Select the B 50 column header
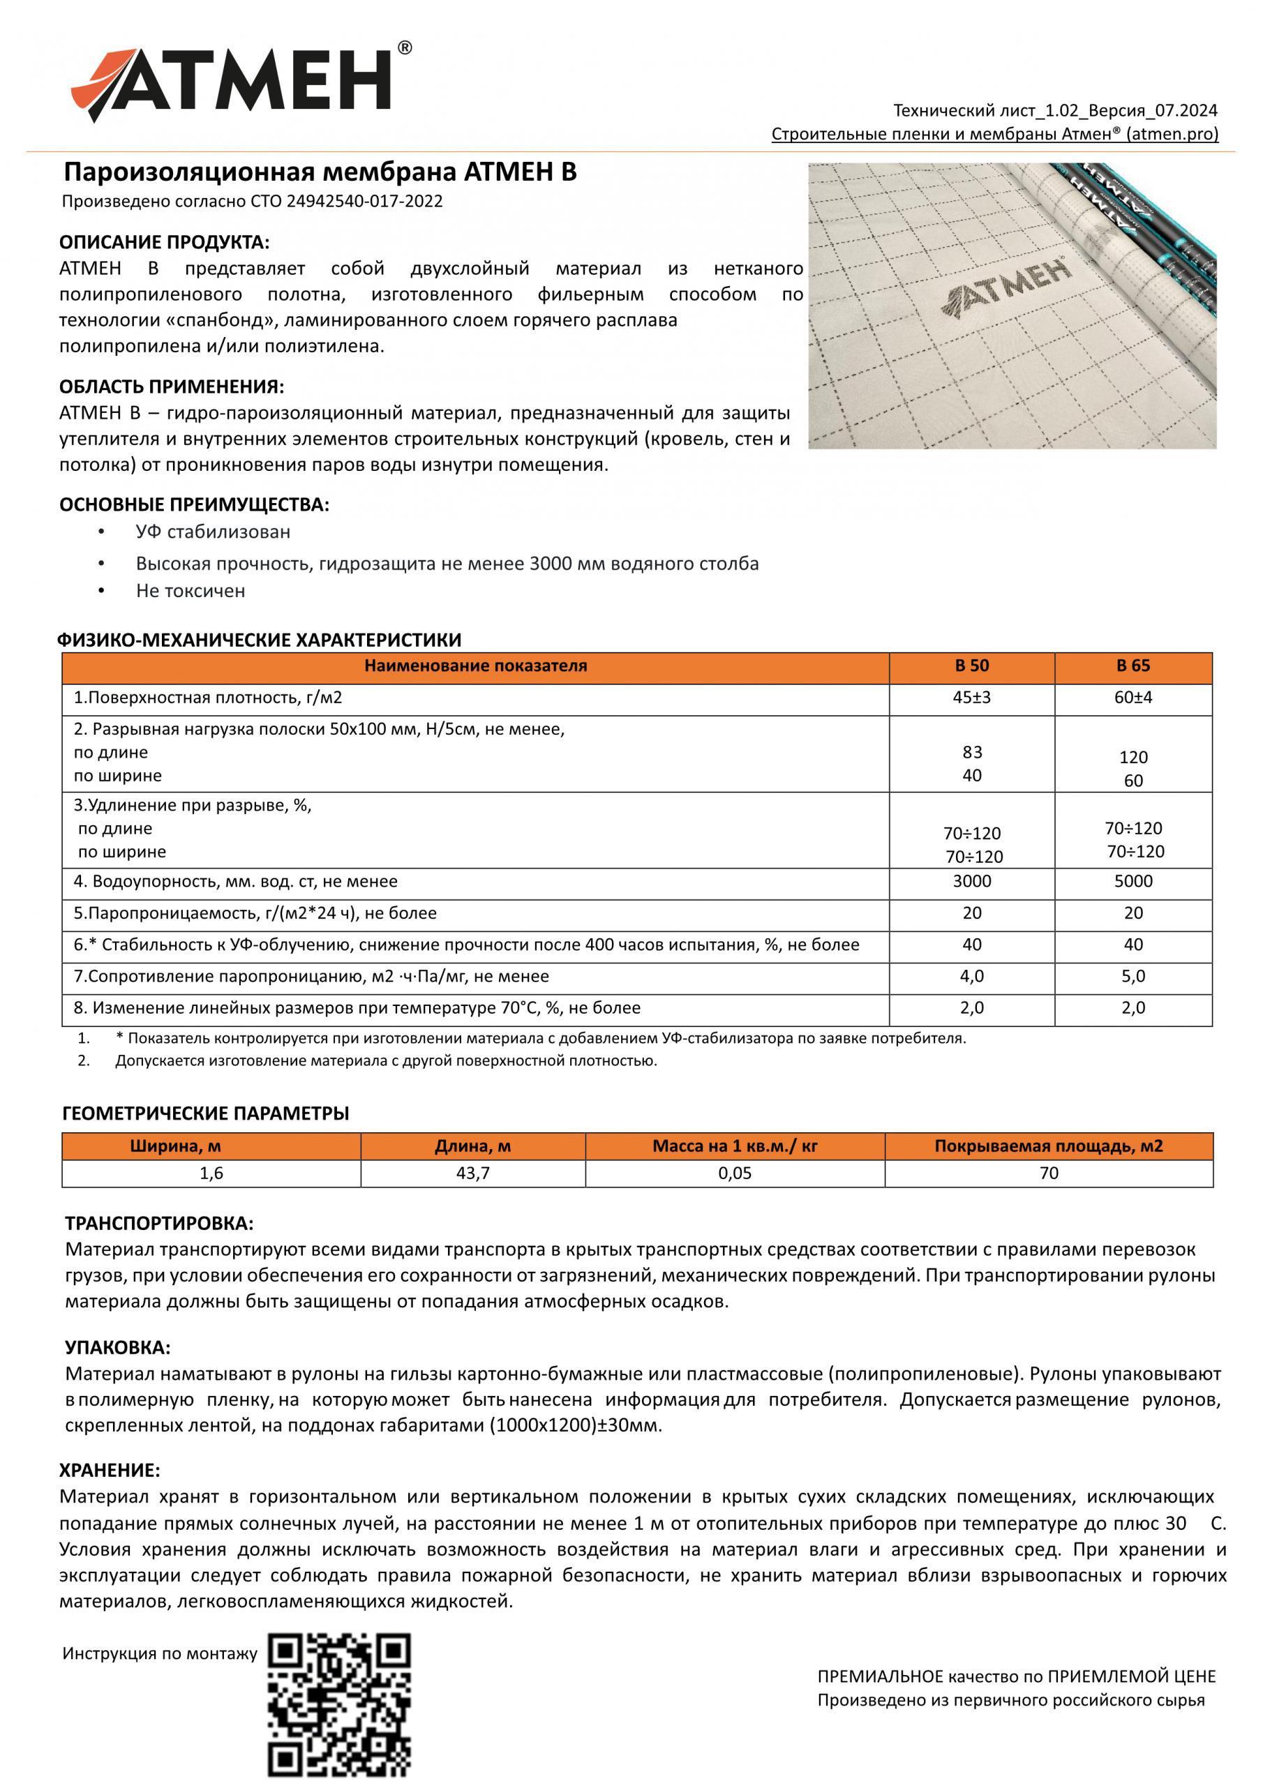tap(972, 666)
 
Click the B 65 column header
tap(1133, 666)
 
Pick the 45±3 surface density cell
tap(972, 698)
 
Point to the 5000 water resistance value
tap(1133, 882)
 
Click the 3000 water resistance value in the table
tap(972, 882)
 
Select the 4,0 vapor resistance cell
tap(972, 976)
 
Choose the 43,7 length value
tap(472, 1173)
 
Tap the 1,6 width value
tap(211, 1173)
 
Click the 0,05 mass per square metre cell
tap(735, 1173)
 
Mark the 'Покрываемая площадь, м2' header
tap(1048, 1146)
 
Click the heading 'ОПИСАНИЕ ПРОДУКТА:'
tap(164, 243)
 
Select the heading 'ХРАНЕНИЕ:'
tap(110, 1470)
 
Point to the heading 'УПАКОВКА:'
tap(117, 1347)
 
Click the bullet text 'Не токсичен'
tap(190, 591)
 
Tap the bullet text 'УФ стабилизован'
tap(214, 532)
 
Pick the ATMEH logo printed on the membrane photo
tap(1010, 289)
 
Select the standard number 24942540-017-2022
tap(365, 202)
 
